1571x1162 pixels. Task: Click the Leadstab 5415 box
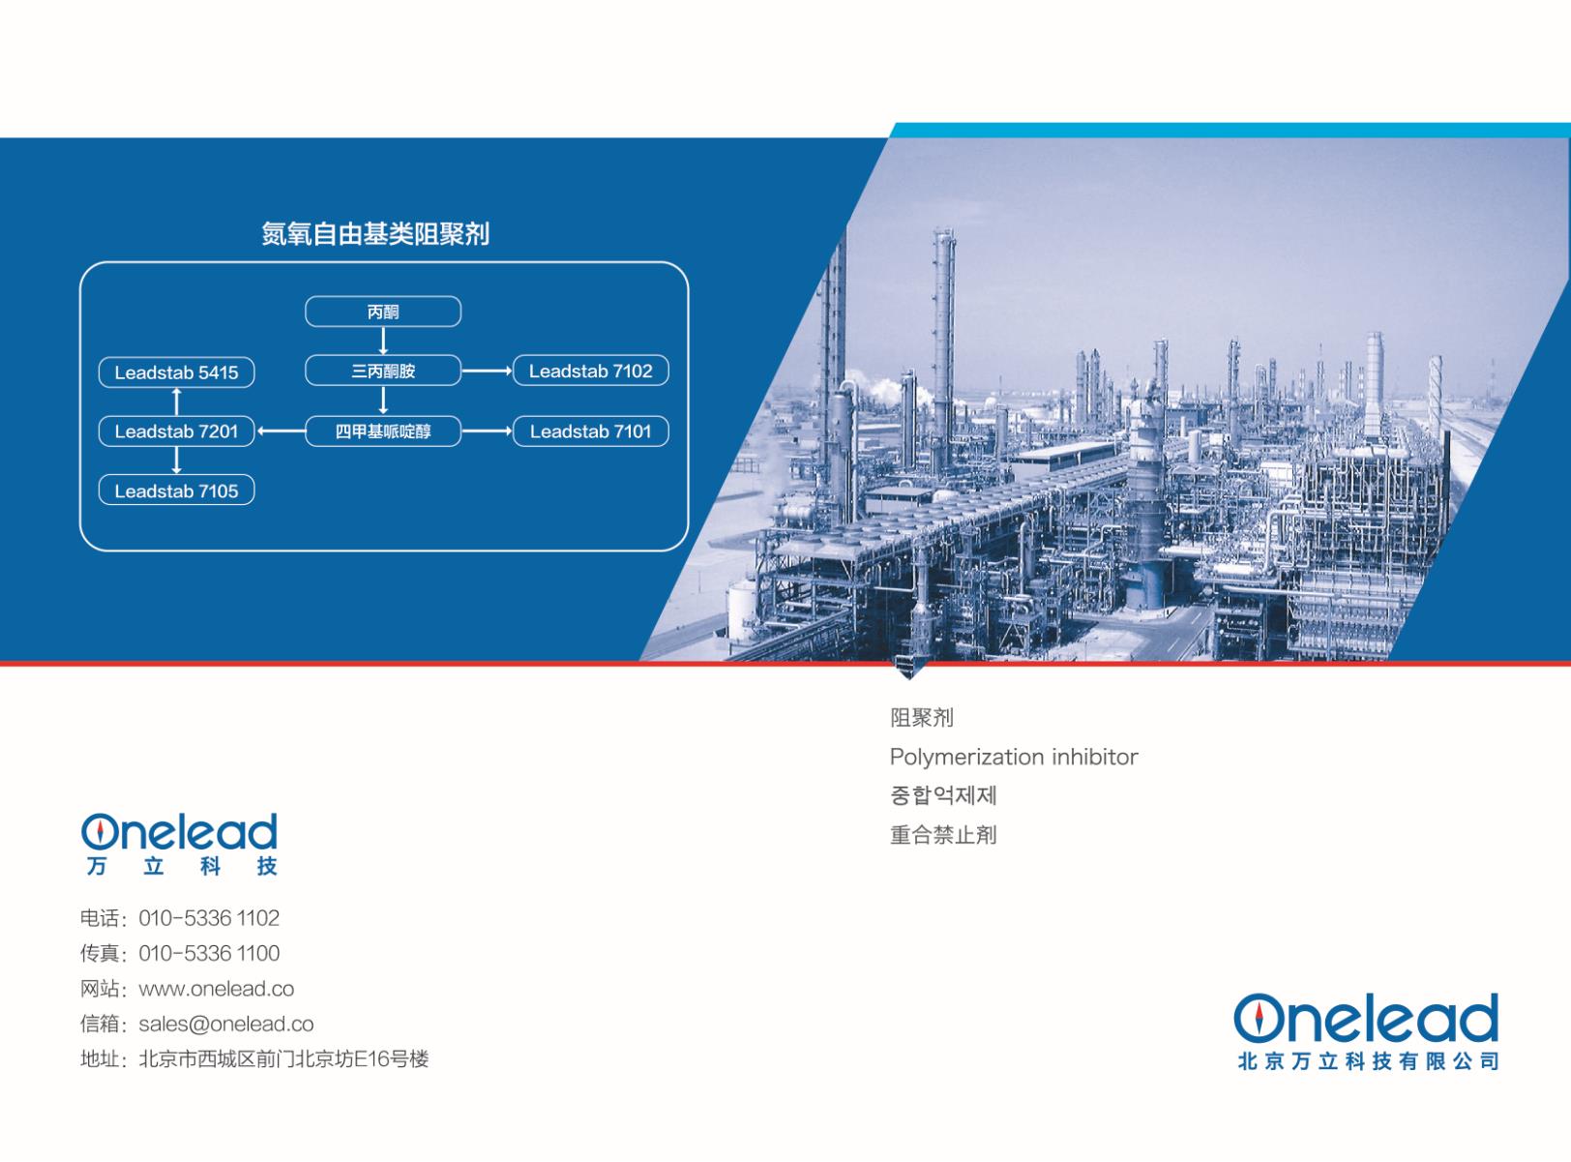(176, 372)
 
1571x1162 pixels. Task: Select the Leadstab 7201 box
(176, 431)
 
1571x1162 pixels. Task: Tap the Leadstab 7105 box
(176, 491)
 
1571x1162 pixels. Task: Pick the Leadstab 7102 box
(591, 371)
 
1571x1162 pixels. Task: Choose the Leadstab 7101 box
(591, 431)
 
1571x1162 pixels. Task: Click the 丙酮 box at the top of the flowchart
(383, 312)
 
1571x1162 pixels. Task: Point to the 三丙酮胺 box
(383, 371)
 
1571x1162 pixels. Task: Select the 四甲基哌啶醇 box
(383, 431)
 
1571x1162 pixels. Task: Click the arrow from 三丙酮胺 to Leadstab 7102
(488, 371)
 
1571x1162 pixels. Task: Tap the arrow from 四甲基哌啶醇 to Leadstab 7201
(281, 431)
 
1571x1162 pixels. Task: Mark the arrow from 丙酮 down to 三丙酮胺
(383, 341)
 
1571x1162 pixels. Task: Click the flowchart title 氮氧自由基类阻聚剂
(375, 234)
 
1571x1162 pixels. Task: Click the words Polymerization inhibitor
(1014, 758)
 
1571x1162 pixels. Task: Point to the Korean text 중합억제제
(943, 795)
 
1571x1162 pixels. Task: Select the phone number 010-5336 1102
(209, 918)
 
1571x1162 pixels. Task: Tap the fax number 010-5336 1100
(209, 954)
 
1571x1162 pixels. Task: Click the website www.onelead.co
(216, 989)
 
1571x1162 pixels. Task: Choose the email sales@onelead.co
(226, 1025)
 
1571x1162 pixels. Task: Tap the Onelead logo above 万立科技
(179, 832)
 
